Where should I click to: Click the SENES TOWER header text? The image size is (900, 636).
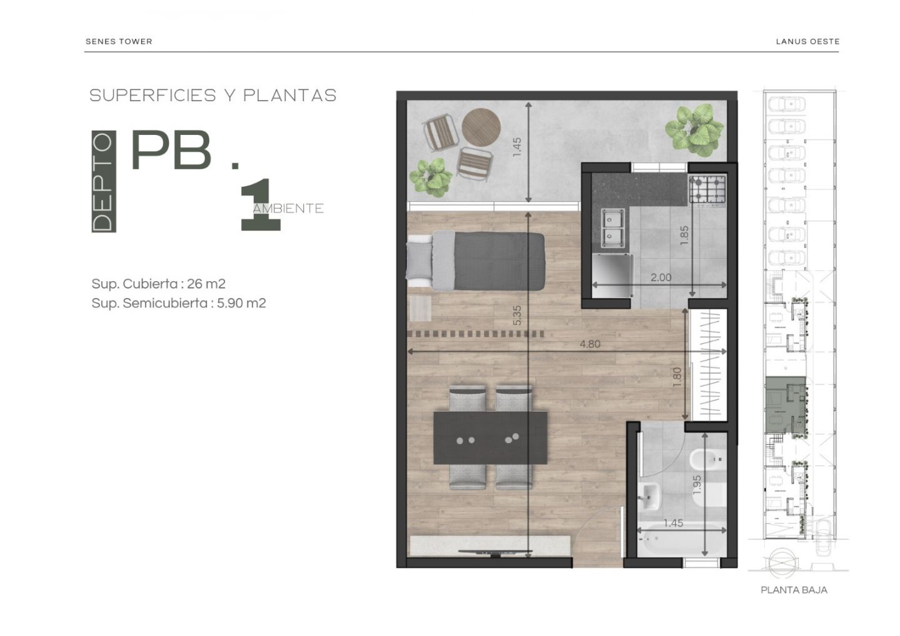click(119, 41)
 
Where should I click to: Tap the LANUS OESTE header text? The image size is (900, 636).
click(807, 41)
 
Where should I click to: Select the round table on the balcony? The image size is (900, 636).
click(481, 128)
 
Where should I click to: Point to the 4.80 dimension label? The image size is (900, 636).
click(590, 344)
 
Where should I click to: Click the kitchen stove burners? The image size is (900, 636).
click(707, 189)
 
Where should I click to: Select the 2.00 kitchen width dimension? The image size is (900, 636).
click(661, 277)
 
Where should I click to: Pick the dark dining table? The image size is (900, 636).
click(490, 438)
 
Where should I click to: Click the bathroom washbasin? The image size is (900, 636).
click(649, 496)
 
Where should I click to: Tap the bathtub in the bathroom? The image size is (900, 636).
click(682, 540)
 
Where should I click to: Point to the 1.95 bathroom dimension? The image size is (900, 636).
click(697, 485)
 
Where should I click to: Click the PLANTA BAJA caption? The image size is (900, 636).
click(794, 590)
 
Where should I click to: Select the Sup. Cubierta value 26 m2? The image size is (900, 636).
click(206, 284)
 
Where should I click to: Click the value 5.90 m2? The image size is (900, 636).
click(241, 303)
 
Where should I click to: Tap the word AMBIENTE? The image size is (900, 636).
click(288, 209)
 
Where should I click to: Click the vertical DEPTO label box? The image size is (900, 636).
click(104, 181)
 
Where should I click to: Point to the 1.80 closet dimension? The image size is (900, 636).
click(677, 377)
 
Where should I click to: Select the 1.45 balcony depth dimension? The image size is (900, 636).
click(517, 147)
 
